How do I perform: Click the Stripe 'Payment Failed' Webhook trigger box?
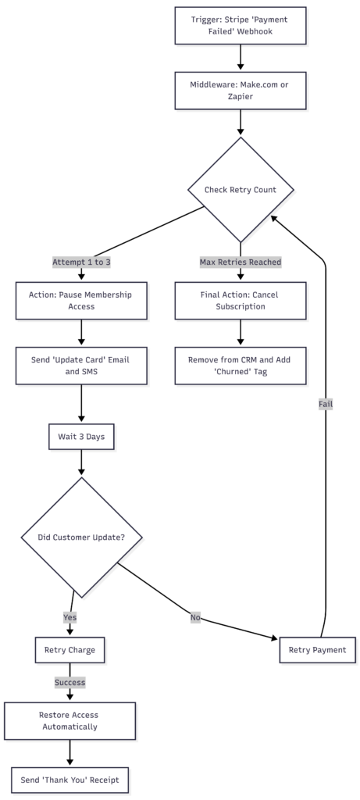point(240,25)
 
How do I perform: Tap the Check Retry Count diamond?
point(240,190)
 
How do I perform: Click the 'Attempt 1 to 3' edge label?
point(81,262)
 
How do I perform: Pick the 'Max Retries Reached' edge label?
point(240,262)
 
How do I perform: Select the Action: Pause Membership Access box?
point(81,300)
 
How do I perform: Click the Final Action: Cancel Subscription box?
point(240,300)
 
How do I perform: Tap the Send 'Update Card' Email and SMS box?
point(81,365)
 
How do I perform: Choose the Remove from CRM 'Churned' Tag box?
point(240,365)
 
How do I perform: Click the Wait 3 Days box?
point(81,437)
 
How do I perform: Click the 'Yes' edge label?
point(70,617)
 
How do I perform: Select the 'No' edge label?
point(195,617)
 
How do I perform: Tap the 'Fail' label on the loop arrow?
point(326,404)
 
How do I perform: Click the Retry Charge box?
point(70,649)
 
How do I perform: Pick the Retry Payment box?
point(318,649)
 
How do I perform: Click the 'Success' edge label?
point(70,682)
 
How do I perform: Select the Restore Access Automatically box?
point(70,720)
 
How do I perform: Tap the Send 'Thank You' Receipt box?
point(70,779)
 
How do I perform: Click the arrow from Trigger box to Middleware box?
point(240,57)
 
